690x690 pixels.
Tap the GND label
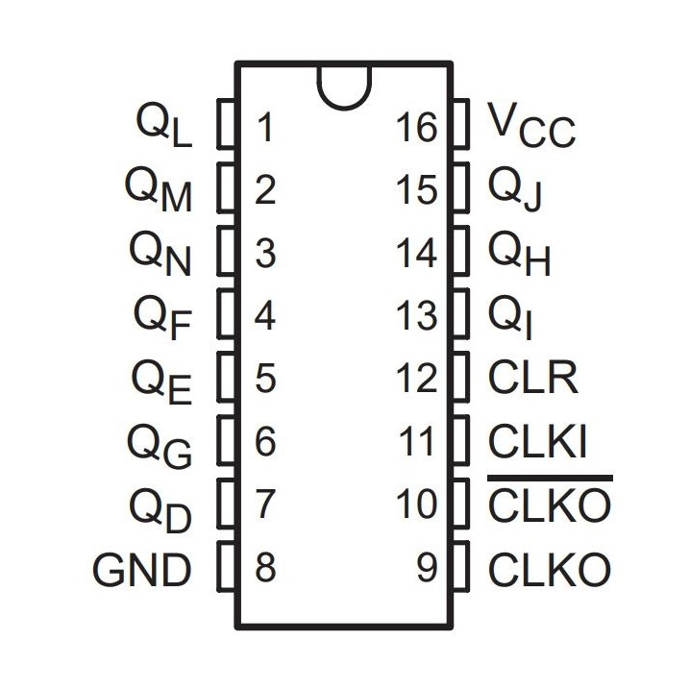[x=142, y=571]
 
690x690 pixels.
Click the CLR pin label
[x=533, y=379]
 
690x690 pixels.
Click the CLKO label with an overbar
[x=549, y=506]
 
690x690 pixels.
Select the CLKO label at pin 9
[x=549, y=571]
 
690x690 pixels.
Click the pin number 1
[x=265, y=128]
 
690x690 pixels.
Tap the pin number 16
[x=417, y=128]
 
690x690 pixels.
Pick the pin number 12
[x=417, y=380]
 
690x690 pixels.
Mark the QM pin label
[x=160, y=190]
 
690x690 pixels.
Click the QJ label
[x=515, y=190]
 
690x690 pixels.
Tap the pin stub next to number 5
[x=227, y=379]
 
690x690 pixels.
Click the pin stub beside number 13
[x=460, y=315]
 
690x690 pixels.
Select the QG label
[x=160, y=445]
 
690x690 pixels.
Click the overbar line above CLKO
[x=549, y=478]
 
